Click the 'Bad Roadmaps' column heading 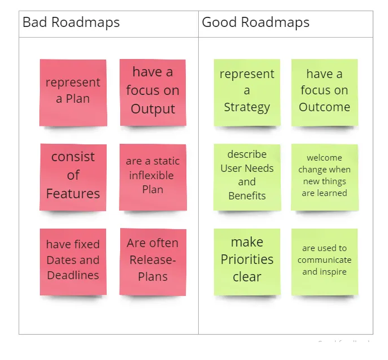tap(71, 22)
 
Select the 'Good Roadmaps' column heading tap(255, 22)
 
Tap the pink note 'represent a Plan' tap(73, 93)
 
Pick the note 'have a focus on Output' tap(153, 93)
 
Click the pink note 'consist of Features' tap(73, 177)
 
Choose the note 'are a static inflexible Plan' tap(153, 177)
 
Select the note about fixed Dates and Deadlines tap(73, 262)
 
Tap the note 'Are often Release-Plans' tap(153, 262)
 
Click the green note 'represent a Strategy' tap(247, 93)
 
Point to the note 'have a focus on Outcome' tap(325, 93)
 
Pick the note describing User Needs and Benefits tap(247, 177)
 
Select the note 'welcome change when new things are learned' tap(325, 177)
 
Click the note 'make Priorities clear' tap(247, 262)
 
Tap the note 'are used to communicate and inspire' tap(325, 262)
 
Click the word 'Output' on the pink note tap(153, 109)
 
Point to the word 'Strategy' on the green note tap(247, 107)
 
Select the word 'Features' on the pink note tap(73, 194)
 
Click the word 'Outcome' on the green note tap(325, 107)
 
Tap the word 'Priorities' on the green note tap(247, 259)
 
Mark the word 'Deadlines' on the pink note tap(73, 275)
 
